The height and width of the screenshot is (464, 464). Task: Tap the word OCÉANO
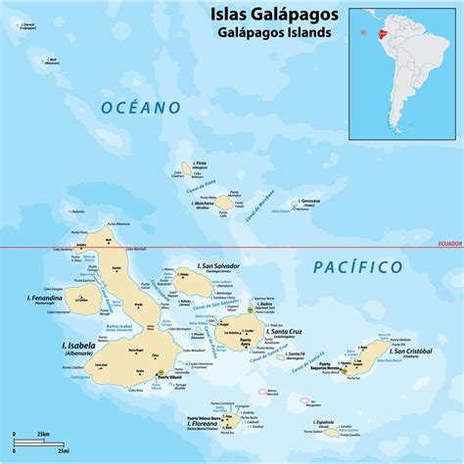141,108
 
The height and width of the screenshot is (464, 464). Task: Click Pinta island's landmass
184,168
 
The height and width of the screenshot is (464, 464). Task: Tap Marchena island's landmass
224,203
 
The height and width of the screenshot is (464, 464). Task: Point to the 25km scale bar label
44,432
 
